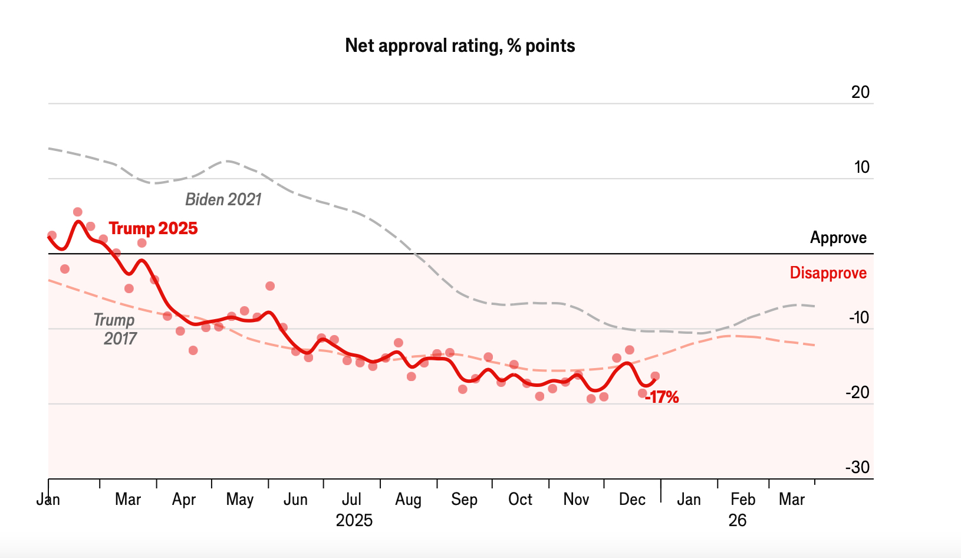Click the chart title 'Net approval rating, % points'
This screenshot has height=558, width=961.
pos(460,46)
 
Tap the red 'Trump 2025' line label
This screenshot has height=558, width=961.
pos(153,228)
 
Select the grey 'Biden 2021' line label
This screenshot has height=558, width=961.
pos(223,199)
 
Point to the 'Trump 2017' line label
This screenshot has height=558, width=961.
pos(116,329)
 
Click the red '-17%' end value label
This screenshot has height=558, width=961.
pos(661,398)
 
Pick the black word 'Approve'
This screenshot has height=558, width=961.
pos(838,238)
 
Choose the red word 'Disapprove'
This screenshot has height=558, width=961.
pos(828,273)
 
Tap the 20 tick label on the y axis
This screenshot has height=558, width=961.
pos(861,92)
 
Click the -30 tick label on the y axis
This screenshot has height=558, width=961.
pos(858,467)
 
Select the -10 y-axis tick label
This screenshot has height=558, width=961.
pos(859,317)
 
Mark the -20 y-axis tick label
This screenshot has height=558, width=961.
pos(858,392)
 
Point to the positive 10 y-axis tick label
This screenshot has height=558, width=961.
pos(862,167)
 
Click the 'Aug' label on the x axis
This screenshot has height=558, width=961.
pos(408,500)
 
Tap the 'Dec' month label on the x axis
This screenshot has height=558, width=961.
pos(632,500)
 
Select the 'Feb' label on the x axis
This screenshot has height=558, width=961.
pos(743,500)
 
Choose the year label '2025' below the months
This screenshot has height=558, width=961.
pos(354,520)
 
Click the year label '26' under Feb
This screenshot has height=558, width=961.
pos(738,520)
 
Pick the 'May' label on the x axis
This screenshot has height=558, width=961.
pos(239,500)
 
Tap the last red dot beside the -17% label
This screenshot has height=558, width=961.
pos(655,376)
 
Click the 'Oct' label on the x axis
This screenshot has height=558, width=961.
pos(520,500)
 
